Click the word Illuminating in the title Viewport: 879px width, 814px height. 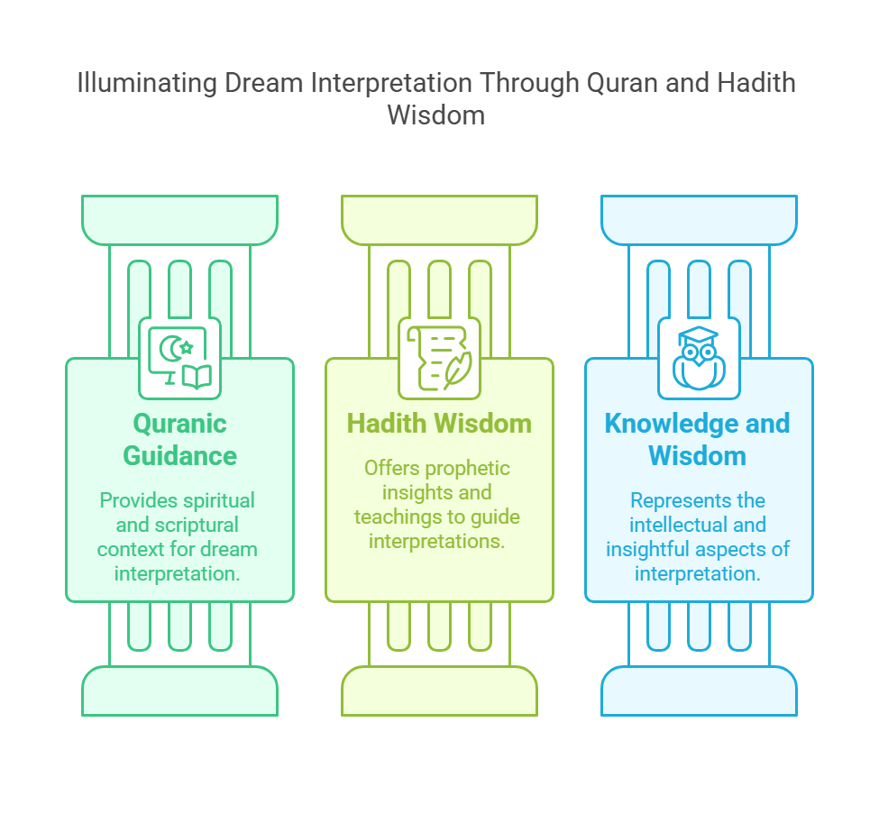147,84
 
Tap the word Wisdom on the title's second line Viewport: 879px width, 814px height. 436,115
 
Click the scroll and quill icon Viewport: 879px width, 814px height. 440,359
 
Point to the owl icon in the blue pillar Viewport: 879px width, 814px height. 699,358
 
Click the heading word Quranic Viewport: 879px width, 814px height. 180,424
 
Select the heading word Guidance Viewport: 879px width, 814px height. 180,456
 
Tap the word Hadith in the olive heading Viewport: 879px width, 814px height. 386,424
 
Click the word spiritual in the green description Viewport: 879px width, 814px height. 215,501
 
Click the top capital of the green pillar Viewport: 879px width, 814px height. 180,220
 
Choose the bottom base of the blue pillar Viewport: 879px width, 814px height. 699,691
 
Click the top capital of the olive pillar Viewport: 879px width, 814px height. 440,220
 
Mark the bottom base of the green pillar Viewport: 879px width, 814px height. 180,691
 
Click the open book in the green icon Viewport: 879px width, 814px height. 197,377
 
